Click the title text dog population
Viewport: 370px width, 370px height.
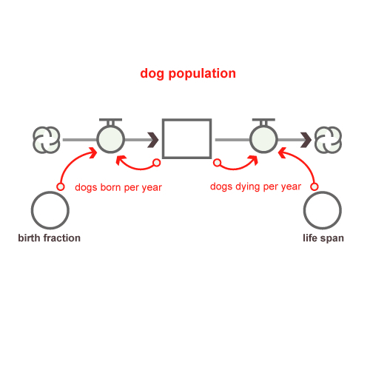[188, 74]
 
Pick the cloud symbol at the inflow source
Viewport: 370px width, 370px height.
[47, 140]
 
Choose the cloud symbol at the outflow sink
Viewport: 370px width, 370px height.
[328, 140]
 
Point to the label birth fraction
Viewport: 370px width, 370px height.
[50, 238]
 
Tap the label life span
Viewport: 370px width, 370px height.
[323, 238]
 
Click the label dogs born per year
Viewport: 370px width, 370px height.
[118, 187]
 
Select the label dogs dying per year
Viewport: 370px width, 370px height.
[255, 186]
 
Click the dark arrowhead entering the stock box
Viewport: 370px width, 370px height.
[153, 140]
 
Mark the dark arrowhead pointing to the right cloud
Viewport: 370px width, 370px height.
[306, 140]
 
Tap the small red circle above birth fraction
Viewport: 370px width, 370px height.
[61, 186]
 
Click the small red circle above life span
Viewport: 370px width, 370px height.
[314, 186]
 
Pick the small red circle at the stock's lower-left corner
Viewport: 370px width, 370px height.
[157, 163]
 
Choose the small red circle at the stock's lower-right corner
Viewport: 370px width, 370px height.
[217, 163]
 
